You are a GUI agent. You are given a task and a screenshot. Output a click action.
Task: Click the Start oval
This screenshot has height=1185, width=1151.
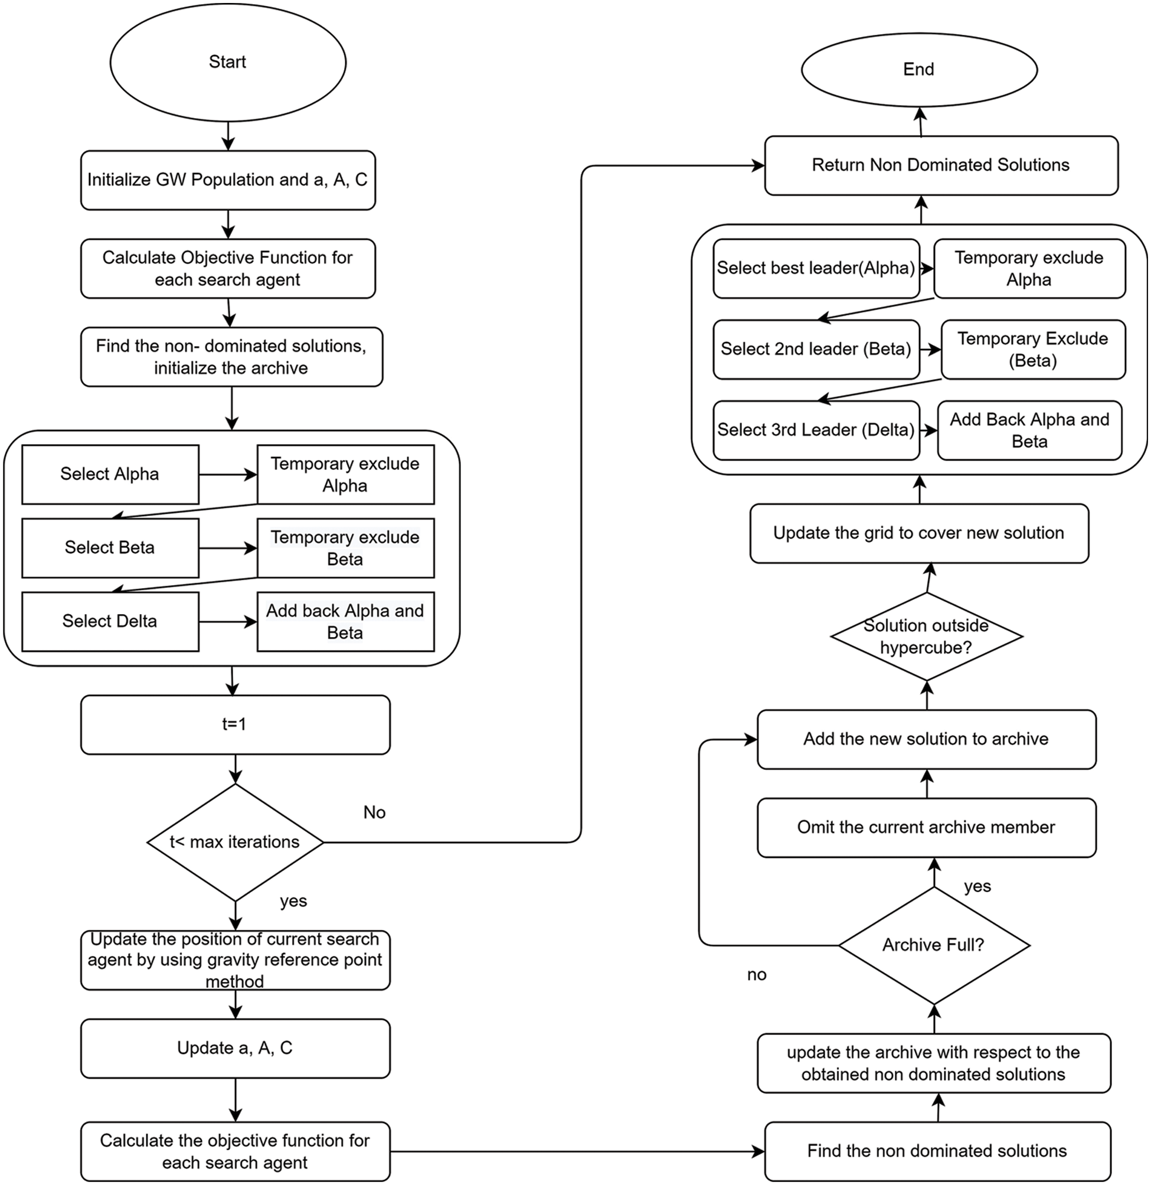pyautogui.click(x=228, y=62)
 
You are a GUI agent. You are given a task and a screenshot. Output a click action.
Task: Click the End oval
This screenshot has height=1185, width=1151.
pyautogui.click(x=919, y=70)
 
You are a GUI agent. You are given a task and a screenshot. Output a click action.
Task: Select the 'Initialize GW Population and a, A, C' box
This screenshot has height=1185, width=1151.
pyautogui.click(x=228, y=180)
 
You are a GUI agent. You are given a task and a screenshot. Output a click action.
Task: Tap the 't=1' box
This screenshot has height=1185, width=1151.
pyautogui.click(x=235, y=724)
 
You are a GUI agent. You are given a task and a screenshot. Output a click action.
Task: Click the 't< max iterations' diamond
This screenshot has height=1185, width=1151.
pyautogui.click(x=235, y=842)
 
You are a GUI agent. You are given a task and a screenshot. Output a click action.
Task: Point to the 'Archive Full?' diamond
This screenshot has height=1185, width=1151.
pyautogui.click(x=934, y=945)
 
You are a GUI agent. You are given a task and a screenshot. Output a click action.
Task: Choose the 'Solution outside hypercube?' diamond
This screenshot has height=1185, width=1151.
pyautogui.click(x=926, y=636)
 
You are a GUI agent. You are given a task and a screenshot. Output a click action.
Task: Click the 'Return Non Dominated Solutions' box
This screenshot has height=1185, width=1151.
pyautogui.click(x=941, y=165)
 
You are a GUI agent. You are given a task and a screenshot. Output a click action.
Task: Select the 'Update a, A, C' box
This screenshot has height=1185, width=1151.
pyautogui.click(x=235, y=1048)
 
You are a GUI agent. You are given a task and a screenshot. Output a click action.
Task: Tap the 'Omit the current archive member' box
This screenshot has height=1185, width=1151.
pyautogui.click(x=926, y=827)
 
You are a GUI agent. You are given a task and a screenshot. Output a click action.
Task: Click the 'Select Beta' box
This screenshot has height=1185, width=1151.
pyautogui.click(x=110, y=548)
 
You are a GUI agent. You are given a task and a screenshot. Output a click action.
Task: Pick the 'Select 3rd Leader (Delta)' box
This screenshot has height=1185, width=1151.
pyautogui.click(x=816, y=430)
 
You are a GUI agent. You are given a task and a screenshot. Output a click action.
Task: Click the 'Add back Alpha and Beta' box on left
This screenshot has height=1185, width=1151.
pyautogui.click(x=345, y=622)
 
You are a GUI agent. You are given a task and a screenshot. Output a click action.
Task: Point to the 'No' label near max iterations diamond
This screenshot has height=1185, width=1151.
pyautogui.click(x=374, y=812)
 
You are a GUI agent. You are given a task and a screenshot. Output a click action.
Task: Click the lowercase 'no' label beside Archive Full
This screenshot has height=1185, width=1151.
pyautogui.click(x=756, y=975)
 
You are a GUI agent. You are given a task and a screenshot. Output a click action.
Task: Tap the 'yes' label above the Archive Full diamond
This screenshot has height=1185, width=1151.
pyautogui.click(x=977, y=886)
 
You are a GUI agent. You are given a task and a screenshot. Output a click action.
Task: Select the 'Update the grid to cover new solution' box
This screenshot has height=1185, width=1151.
pyautogui.click(x=919, y=533)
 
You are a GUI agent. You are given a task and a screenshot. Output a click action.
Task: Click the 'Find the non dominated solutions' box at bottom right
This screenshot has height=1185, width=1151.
pyautogui.click(x=937, y=1151)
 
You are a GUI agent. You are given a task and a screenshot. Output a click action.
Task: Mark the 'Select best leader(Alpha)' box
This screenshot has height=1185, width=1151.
pyautogui.click(x=816, y=269)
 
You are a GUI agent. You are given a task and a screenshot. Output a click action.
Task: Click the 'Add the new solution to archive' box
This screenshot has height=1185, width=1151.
pyautogui.click(x=926, y=739)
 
